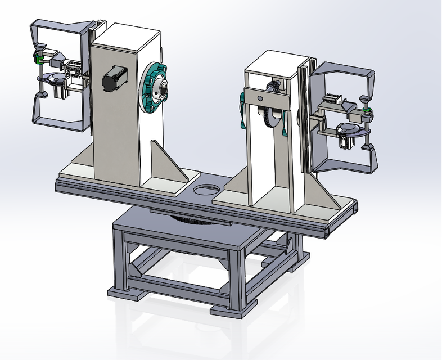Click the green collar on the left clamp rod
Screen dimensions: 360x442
[x=39, y=57]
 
